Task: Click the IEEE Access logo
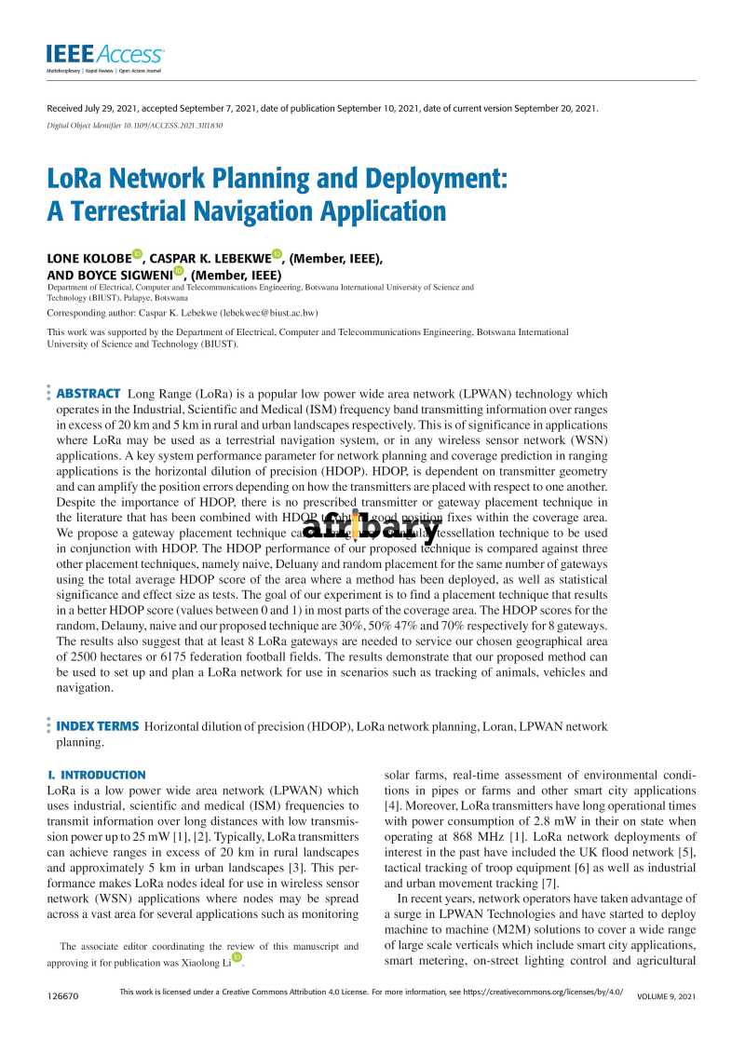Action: [105, 56]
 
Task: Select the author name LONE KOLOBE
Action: [88, 258]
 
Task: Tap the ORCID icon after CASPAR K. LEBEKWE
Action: [277, 255]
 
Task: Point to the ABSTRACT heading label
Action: [88, 394]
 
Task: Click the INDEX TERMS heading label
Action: [98, 726]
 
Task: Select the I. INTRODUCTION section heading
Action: [96, 775]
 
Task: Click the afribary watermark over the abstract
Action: [371, 529]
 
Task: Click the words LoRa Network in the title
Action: [135, 178]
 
